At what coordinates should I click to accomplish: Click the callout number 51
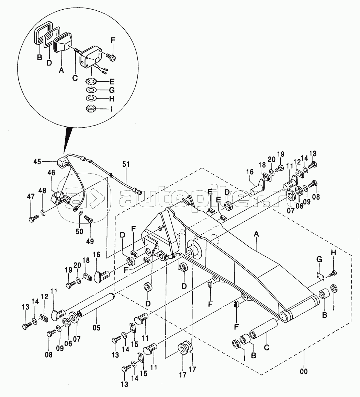coord(126,164)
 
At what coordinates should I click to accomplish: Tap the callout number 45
coord(37,161)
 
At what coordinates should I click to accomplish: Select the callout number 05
coord(96,328)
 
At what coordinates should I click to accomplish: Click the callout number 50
coord(79,231)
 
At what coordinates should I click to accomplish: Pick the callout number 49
coord(90,241)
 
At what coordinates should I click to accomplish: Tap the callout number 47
coord(31,196)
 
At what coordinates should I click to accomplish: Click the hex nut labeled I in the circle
coord(90,109)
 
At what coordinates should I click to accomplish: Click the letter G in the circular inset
coord(112,90)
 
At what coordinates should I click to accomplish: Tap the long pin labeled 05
coord(96,303)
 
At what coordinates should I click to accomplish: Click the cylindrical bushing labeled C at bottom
coord(264,328)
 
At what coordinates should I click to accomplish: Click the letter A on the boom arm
coord(256,234)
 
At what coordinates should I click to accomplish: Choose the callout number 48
coord(43,190)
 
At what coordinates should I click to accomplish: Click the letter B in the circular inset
coord(40,57)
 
